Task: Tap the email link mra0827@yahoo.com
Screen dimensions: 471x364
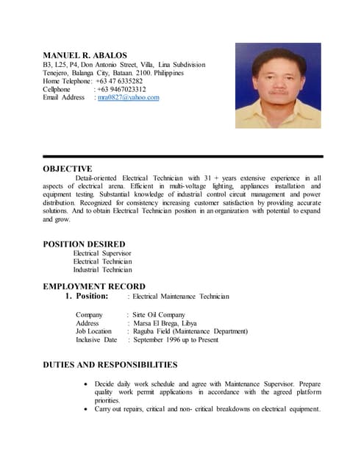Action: pyautogui.click(x=128, y=98)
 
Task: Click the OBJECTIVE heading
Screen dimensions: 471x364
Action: pyautogui.click(x=68, y=169)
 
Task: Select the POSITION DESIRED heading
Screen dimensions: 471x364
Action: pyautogui.click(x=84, y=244)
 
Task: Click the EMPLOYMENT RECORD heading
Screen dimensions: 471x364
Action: pyautogui.click(x=94, y=286)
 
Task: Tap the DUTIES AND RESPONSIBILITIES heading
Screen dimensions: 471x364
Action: pyautogui.click(x=110, y=364)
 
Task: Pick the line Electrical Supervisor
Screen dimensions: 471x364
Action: pyautogui.click(x=102, y=253)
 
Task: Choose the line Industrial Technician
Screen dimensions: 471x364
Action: pyautogui.click(x=102, y=270)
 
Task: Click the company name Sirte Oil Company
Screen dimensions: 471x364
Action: pyautogui.click(x=159, y=315)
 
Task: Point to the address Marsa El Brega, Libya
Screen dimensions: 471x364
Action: pyautogui.click(x=166, y=323)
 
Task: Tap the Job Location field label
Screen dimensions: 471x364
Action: pyautogui.click(x=94, y=331)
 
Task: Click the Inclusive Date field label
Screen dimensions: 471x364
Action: pyautogui.click(x=96, y=340)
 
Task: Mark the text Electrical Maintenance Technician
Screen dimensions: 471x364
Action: pyautogui.click(x=181, y=297)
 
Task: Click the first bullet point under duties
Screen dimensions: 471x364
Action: pyautogui.click(x=88, y=385)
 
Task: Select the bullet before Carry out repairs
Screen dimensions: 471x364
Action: pyautogui.click(x=88, y=409)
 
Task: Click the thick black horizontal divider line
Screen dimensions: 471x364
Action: pyautogui.click(x=182, y=157)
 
